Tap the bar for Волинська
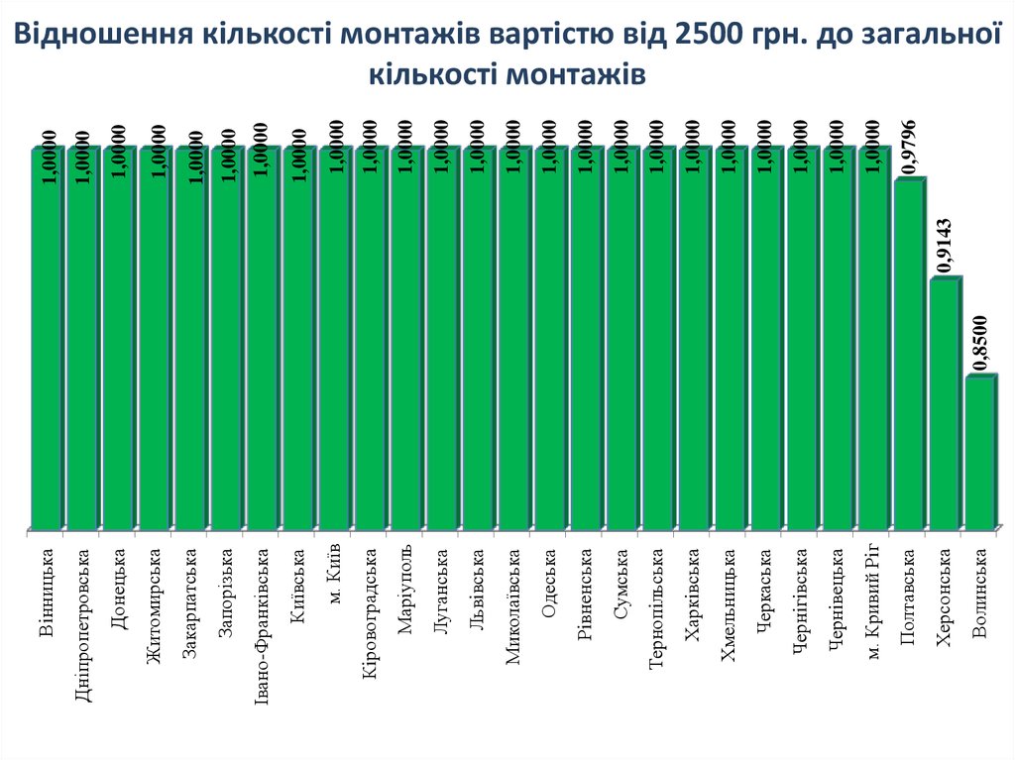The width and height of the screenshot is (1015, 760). (981, 452)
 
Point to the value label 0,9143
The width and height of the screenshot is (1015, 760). (945, 246)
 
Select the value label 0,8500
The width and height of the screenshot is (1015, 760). (980, 343)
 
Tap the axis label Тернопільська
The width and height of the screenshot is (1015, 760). (656, 607)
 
